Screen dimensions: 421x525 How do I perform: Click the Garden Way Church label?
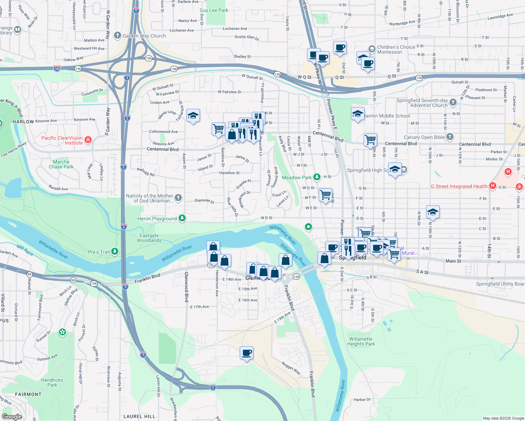click(144, 36)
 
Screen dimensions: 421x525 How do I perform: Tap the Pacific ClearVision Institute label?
click(62, 140)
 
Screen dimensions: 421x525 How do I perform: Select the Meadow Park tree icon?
click(317, 177)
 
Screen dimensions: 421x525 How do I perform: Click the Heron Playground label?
click(157, 219)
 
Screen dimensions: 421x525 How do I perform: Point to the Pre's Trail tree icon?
click(115, 251)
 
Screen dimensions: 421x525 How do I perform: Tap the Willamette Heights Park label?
click(361, 341)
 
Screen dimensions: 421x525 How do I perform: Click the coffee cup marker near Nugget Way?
click(247, 353)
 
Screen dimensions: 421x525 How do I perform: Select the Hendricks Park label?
click(52, 382)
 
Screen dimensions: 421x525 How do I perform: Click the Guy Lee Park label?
click(214, 10)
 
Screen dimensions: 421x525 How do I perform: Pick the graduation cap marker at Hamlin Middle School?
click(357, 114)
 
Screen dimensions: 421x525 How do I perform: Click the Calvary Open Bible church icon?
click(450, 137)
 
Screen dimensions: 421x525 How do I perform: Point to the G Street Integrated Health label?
click(459, 186)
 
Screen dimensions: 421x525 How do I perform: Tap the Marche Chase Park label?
click(61, 164)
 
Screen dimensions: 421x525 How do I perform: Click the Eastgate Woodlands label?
click(149, 238)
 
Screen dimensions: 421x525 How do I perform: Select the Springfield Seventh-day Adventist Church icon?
click(453, 102)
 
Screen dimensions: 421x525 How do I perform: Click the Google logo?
click(12, 416)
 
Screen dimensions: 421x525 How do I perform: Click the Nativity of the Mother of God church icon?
click(178, 198)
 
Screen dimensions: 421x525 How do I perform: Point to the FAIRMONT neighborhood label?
click(28, 394)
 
